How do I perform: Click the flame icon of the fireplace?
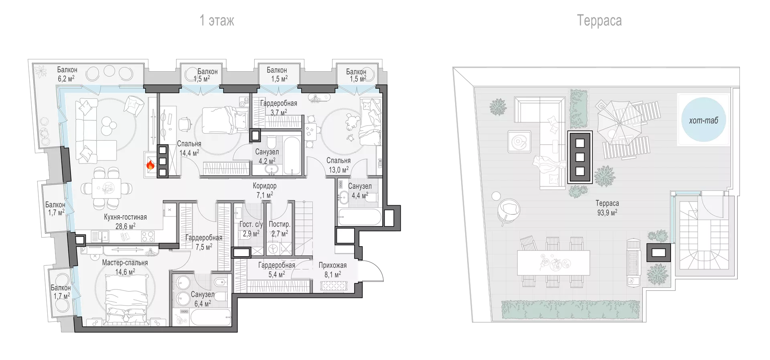pos(150,165)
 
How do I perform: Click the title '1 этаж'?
pos(217,20)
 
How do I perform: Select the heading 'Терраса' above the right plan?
pos(599,20)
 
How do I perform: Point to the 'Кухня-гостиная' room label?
pos(125,217)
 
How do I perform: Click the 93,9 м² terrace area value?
pos(607,212)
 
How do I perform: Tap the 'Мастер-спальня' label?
pos(125,263)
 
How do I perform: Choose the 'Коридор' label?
pos(265,186)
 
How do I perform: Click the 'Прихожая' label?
pos(332,265)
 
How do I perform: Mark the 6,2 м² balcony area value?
pos(66,79)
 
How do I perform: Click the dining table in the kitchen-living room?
pos(107,188)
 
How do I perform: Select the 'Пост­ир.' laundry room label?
pos(280,224)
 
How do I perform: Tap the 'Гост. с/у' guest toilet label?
pos(251,224)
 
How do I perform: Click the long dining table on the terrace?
pos(553,262)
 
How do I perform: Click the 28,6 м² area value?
pos(126,226)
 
